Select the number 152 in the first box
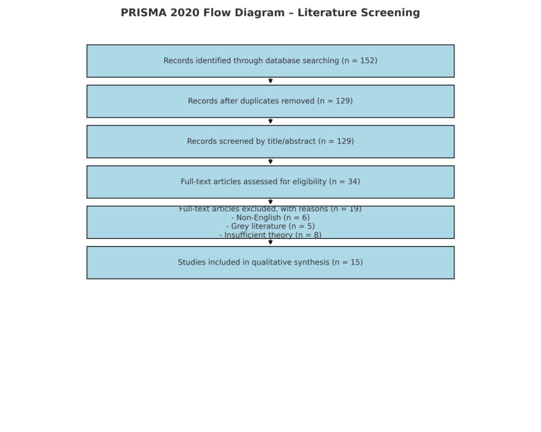tap(367, 61)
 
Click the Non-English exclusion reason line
tap(270, 218)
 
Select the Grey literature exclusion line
tap(270, 226)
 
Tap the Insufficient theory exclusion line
tap(270, 235)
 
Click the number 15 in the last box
tap(355, 262)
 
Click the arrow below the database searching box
tap(270, 80)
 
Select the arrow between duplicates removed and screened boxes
tap(270, 121)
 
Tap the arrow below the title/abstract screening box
tap(270, 161)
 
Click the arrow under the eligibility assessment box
tap(270, 202)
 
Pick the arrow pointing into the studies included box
tap(270, 242)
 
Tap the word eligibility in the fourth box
tap(310, 182)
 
